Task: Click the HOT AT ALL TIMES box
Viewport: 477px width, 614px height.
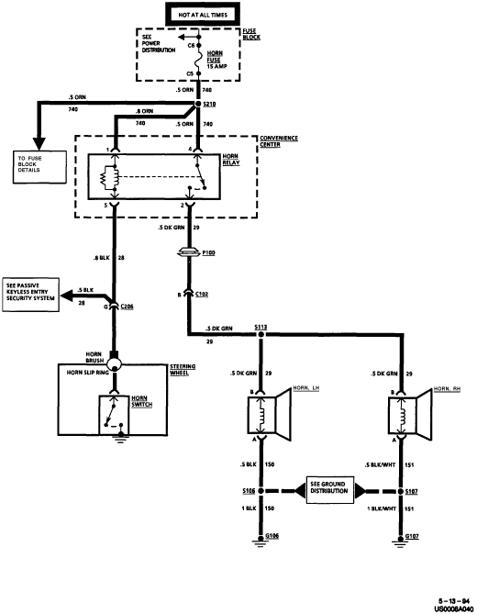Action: tap(203, 15)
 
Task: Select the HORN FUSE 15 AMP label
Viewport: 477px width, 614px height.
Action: tap(216, 60)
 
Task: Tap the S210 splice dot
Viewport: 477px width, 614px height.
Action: tap(198, 104)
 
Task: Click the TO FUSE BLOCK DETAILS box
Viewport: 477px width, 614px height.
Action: tap(39, 167)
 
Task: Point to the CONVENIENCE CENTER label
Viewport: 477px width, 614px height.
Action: tap(279, 141)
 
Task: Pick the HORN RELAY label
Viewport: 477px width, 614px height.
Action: tap(231, 160)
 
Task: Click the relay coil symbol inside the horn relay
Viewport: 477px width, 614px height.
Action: tap(109, 177)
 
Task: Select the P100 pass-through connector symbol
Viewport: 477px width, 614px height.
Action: tap(189, 253)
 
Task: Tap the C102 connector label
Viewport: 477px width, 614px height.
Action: tap(202, 294)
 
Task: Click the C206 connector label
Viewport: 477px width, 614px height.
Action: tap(127, 307)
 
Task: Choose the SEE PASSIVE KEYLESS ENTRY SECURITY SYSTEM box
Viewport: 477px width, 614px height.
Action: tap(31, 295)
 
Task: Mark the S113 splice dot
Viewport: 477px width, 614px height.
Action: tap(261, 334)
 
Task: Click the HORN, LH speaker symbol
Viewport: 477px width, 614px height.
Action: tap(270, 415)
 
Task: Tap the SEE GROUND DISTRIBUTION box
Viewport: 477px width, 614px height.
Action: tap(330, 490)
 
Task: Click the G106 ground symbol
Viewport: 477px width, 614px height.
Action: tap(260, 540)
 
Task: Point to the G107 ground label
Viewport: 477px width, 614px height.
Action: tap(412, 536)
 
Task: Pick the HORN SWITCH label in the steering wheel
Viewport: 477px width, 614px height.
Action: tap(141, 401)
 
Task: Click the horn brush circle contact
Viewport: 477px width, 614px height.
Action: tap(115, 363)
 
